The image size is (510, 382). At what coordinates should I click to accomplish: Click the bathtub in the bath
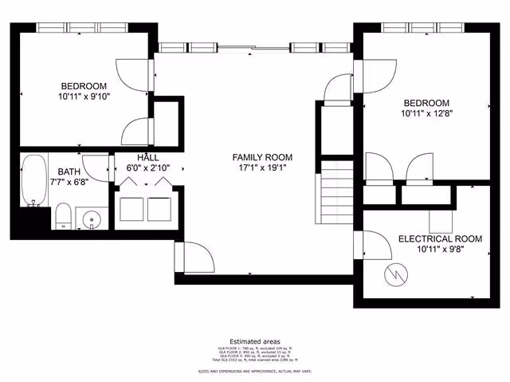[33, 181]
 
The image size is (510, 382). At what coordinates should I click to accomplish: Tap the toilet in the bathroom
[63, 217]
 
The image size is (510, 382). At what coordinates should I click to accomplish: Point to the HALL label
[148, 157]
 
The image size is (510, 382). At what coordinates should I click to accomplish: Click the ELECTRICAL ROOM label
[440, 238]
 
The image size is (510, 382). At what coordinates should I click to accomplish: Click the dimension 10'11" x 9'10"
[84, 96]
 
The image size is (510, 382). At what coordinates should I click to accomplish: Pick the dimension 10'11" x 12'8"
[426, 113]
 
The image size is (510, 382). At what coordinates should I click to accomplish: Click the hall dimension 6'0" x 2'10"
[148, 167]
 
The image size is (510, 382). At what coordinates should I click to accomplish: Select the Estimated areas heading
[255, 341]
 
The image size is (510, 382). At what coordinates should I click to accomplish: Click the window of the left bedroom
[84, 27]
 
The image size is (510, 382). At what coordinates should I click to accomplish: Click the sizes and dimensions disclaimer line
[255, 372]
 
